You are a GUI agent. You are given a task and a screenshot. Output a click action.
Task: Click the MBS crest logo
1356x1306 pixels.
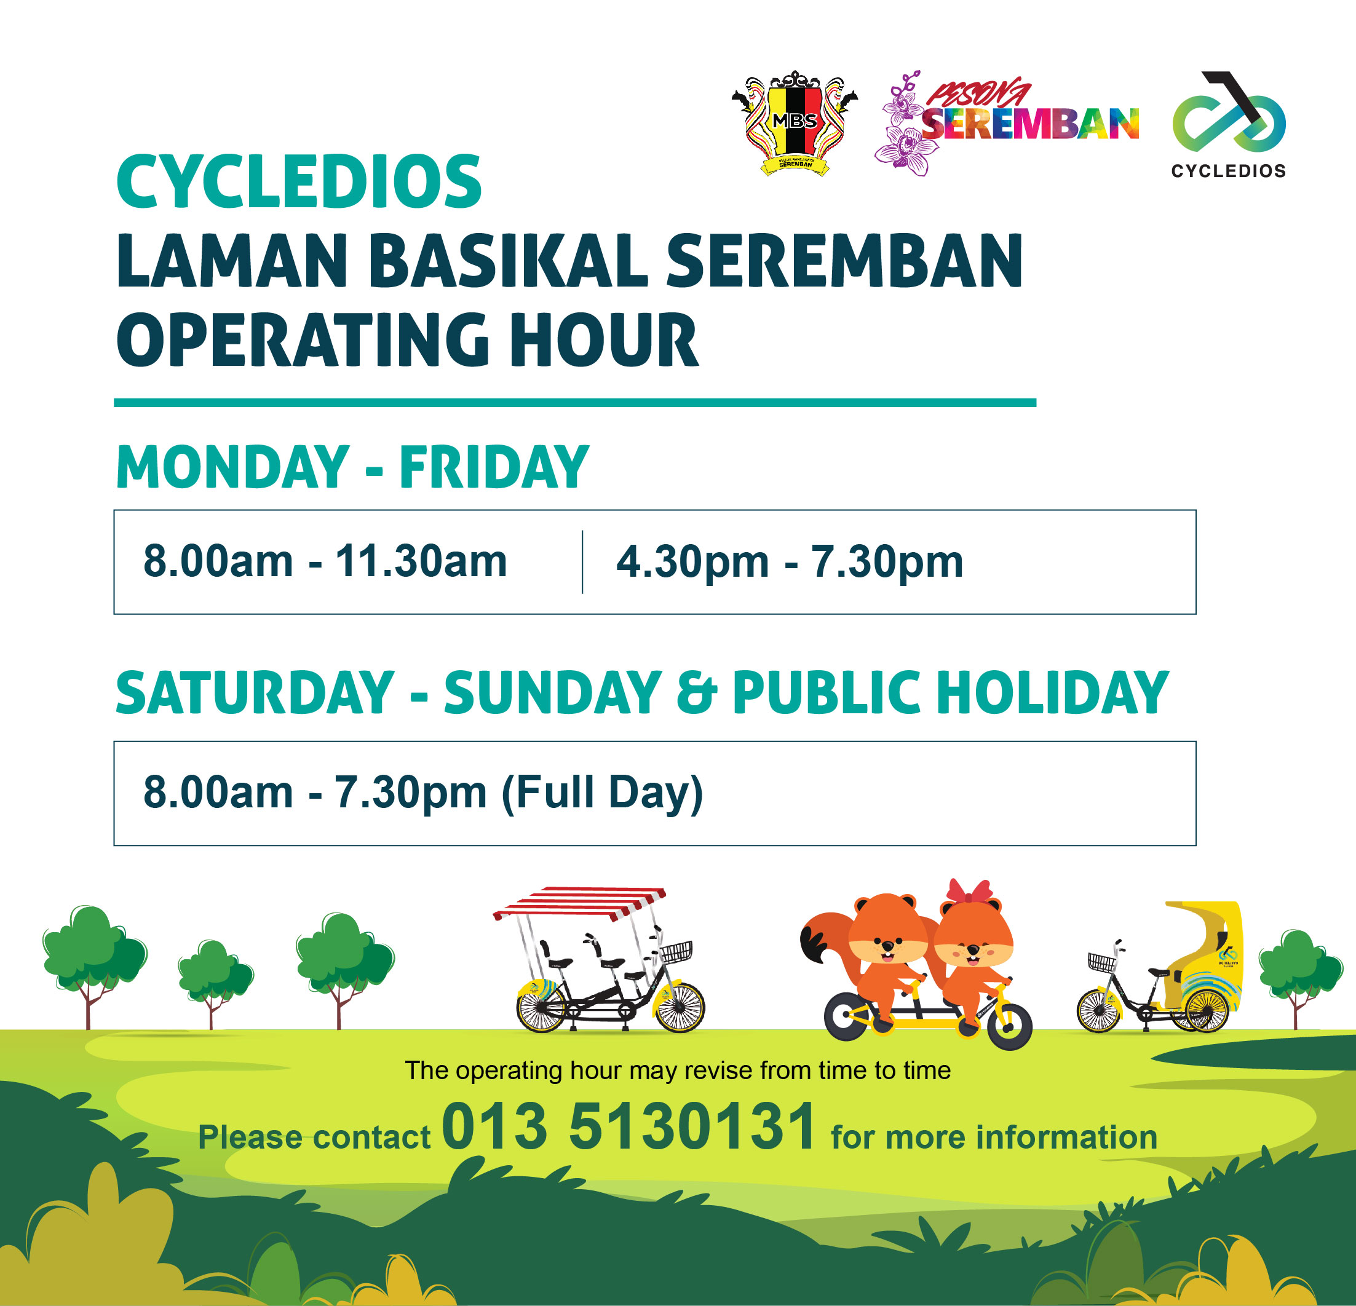[795, 123]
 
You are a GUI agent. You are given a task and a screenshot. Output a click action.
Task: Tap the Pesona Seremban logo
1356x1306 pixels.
[1007, 123]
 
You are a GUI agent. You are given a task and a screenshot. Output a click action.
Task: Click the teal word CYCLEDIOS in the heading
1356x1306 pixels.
[299, 181]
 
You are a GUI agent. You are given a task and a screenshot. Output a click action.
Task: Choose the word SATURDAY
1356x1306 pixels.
[255, 693]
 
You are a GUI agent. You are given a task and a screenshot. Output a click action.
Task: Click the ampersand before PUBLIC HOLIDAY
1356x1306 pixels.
[697, 693]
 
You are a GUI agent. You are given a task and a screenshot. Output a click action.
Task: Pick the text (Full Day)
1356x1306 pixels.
[602, 793]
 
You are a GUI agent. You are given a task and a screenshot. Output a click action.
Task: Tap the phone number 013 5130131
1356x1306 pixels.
[629, 1128]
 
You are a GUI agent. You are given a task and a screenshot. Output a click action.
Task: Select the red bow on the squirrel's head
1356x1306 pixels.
[969, 892]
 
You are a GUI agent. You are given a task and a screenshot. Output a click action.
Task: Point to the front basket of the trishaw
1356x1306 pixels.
[1102, 962]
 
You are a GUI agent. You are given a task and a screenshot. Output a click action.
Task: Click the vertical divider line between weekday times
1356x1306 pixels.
[582, 562]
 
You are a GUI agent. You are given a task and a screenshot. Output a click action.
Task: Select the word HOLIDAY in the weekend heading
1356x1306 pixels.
[1052, 693]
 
